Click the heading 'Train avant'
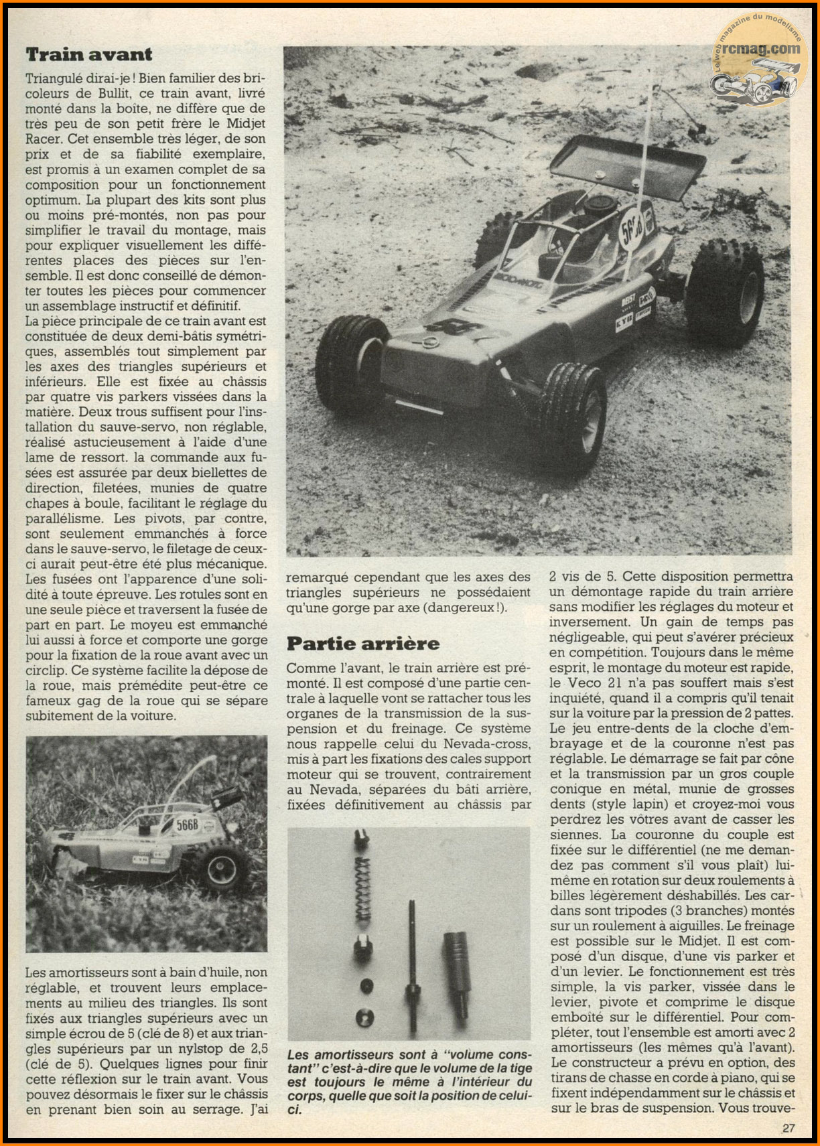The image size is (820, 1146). [89, 54]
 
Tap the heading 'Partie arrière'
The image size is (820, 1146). [363, 644]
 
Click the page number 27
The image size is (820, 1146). [789, 1128]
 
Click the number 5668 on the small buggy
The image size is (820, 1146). [188, 825]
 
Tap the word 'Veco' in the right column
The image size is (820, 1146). [584, 683]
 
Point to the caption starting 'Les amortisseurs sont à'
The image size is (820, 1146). [409, 1082]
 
